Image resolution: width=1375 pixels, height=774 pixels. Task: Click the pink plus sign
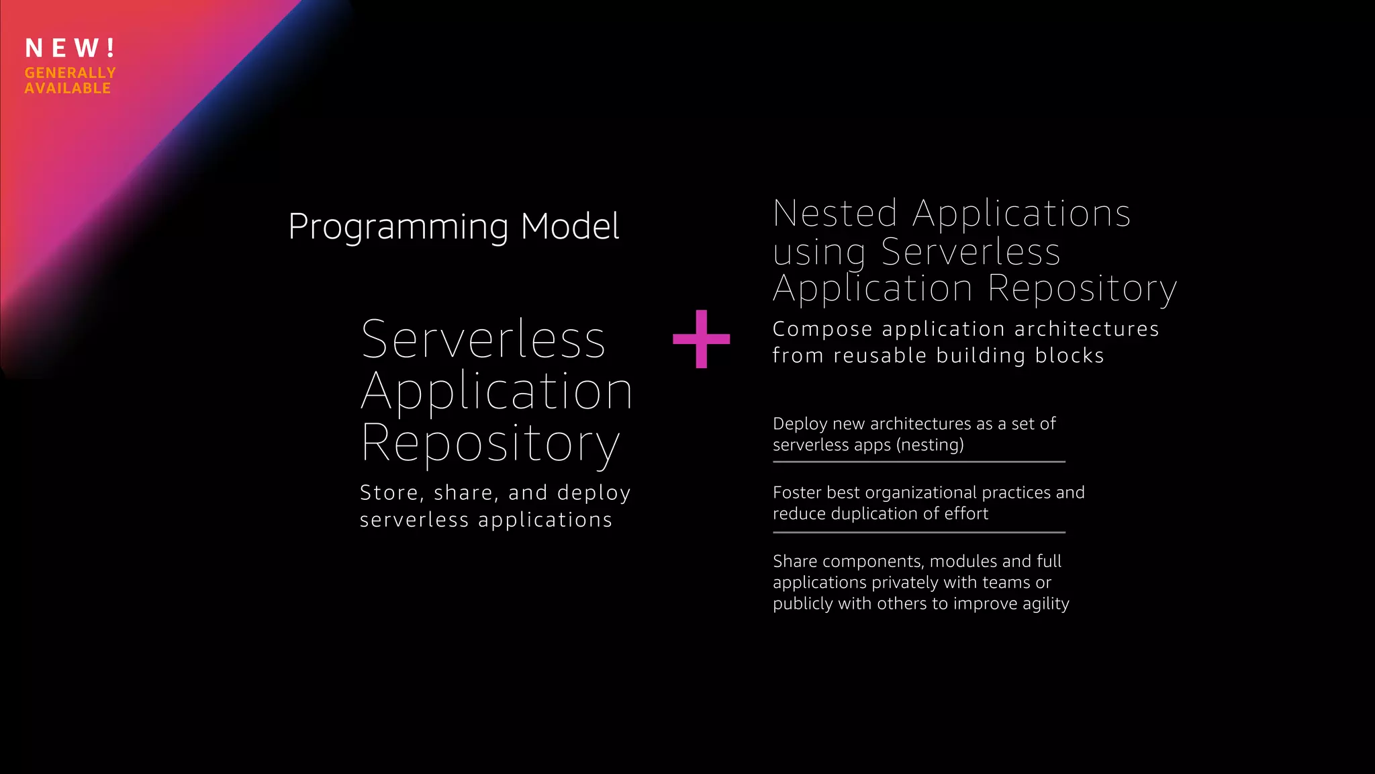[701, 339]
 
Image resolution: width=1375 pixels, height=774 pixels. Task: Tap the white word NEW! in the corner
[70, 48]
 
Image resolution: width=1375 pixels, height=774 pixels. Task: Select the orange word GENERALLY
[70, 73]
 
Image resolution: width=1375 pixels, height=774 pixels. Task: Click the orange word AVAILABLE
[68, 88]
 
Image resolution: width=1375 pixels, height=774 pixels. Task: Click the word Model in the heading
[570, 226]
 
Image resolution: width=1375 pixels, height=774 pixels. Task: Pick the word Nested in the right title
[835, 214]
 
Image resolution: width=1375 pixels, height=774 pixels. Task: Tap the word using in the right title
[819, 253]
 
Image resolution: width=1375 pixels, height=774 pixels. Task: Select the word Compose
[822, 329]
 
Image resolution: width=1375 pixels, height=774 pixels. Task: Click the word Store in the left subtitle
[389, 493]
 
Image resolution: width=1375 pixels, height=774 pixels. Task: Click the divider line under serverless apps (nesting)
[918, 462]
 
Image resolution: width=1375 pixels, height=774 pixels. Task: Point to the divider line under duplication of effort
[918, 532]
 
